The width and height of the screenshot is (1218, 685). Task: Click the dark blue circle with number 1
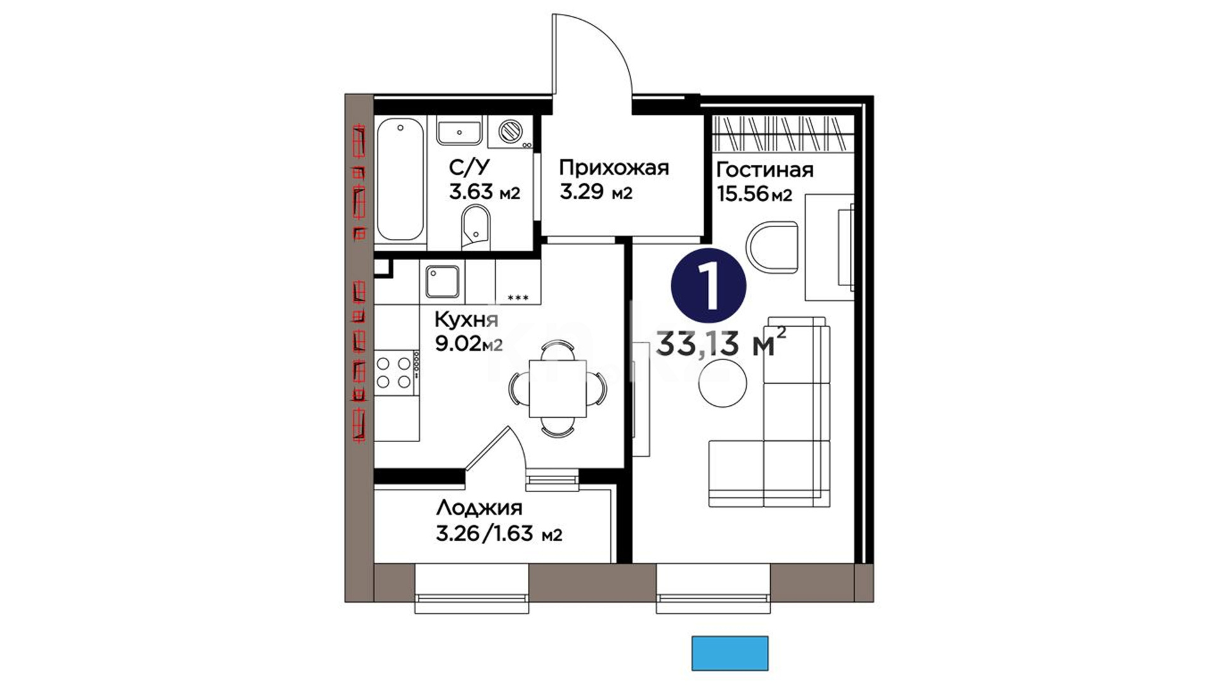point(709,287)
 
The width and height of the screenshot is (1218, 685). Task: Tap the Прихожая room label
point(613,168)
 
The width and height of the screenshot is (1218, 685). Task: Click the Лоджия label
point(479,508)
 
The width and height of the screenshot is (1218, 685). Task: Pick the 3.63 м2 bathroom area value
point(484,192)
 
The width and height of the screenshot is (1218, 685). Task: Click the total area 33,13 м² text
point(721,343)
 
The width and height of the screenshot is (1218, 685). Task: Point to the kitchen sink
point(442,281)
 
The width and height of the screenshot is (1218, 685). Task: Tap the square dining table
point(558,388)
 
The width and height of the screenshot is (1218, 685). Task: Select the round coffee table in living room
point(723,382)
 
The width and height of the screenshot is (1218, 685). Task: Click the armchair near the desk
point(771,249)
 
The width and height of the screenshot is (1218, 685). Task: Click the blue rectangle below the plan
point(730,653)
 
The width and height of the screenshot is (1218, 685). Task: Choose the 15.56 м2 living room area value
point(754,193)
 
